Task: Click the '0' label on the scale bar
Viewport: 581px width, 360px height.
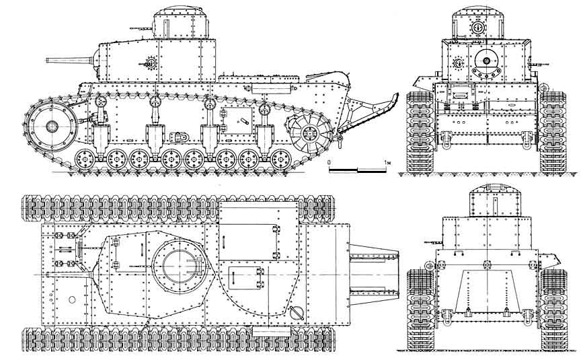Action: point(329,164)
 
